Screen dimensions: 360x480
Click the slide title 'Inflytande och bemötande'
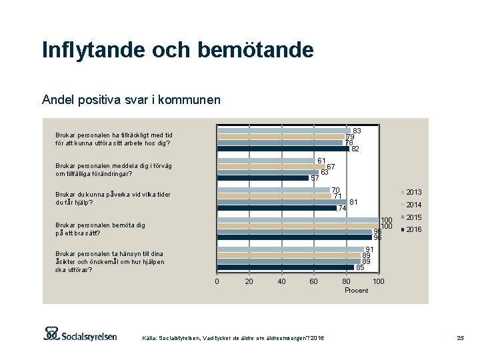click(x=177, y=50)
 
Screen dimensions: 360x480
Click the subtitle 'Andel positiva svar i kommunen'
click(x=131, y=100)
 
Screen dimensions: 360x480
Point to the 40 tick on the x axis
click(x=281, y=282)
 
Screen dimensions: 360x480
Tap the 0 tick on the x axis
click(x=217, y=282)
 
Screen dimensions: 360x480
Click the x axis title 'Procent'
click(x=356, y=291)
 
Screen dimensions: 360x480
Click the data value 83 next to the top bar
click(x=357, y=131)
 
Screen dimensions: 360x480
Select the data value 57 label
click(x=315, y=179)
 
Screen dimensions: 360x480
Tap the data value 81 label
click(x=354, y=202)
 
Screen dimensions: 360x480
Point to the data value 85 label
click(x=360, y=268)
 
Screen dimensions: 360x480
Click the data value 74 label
click(x=342, y=209)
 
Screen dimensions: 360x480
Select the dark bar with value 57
click(x=263, y=178)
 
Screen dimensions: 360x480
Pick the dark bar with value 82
click(x=283, y=149)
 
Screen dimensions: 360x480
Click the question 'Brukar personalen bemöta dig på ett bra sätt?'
click(x=100, y=229)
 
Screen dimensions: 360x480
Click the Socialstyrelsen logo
click(x=80, y=334)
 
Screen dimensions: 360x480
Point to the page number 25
click(x=459, y=339)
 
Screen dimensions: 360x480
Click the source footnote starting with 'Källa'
click(x=233, y=339)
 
